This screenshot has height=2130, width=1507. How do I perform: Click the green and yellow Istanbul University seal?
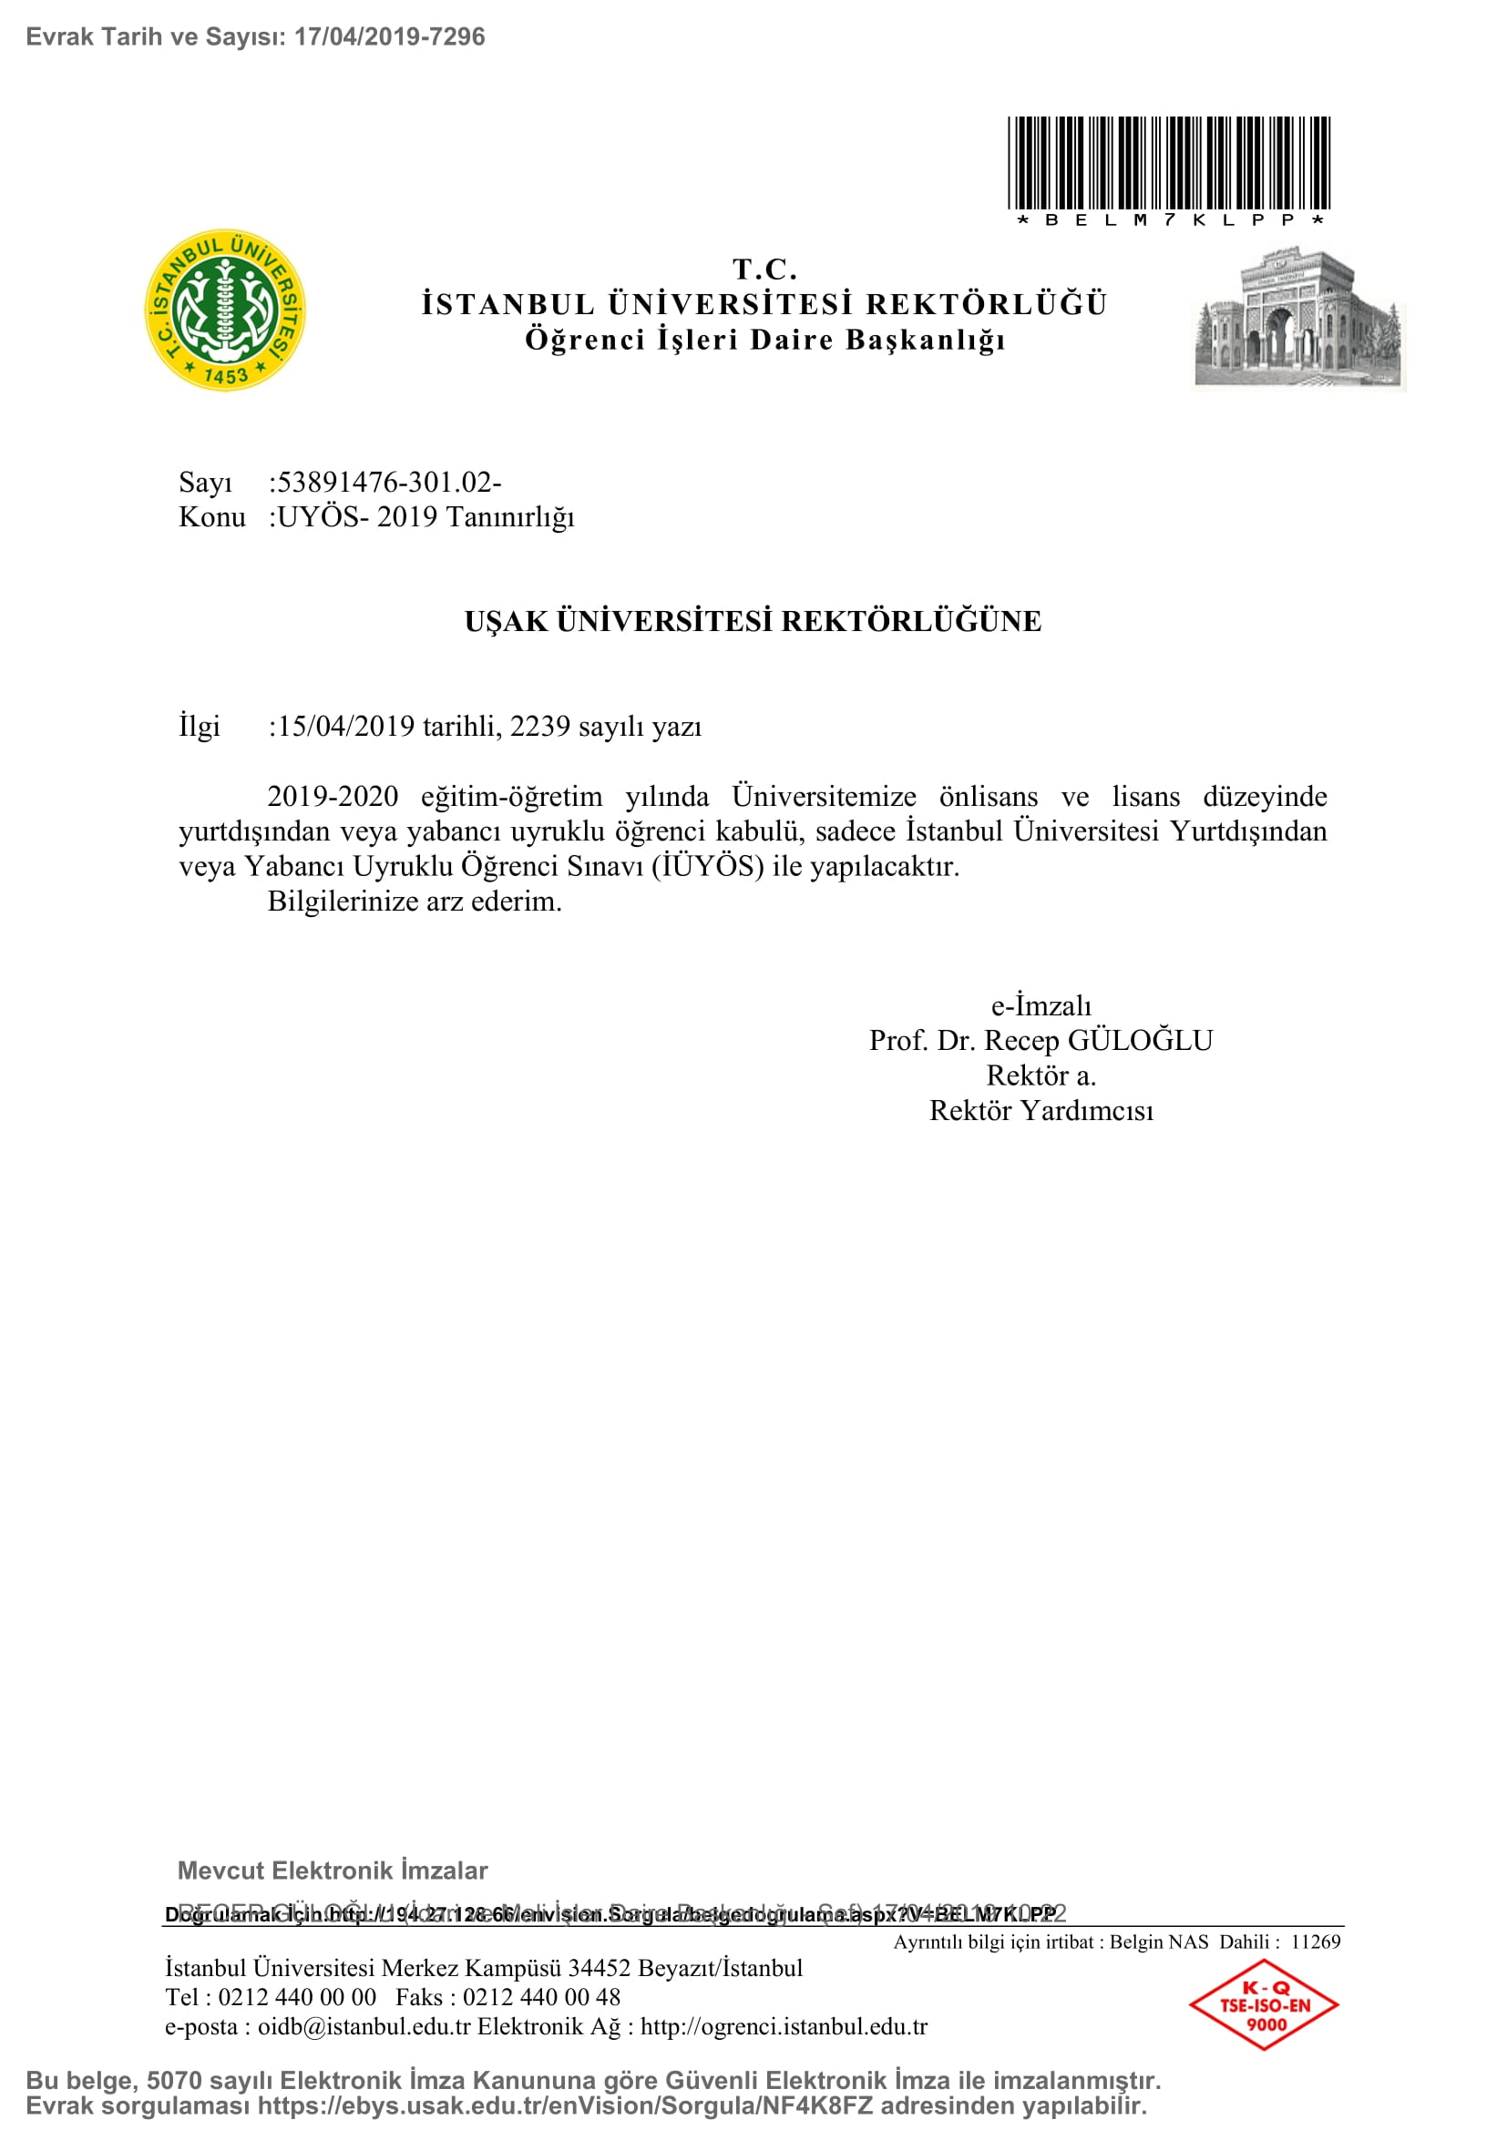click(224, 310)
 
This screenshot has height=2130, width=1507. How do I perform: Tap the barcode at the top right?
click(1169, 163)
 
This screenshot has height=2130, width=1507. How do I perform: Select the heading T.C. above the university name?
click(764, 269)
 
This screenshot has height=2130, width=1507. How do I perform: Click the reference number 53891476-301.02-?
click(390, 483)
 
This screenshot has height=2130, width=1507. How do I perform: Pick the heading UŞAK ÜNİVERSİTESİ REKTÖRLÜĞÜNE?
click(753, 621)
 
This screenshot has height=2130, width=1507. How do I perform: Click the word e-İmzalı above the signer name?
click(1041, 1005)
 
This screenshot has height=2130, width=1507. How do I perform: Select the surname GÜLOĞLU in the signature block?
click(1141, 1041)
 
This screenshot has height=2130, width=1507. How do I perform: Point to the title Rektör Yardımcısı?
click(1041, 1110)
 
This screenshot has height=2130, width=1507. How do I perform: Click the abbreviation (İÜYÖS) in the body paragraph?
click(708, 866)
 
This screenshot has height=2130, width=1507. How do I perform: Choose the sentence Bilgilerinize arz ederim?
click(415, 901)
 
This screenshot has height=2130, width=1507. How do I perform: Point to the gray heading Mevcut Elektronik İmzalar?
click(333, 1870)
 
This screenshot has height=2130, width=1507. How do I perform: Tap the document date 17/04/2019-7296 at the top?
click(390, 37)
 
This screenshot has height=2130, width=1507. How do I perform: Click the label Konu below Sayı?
click(211, 516)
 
